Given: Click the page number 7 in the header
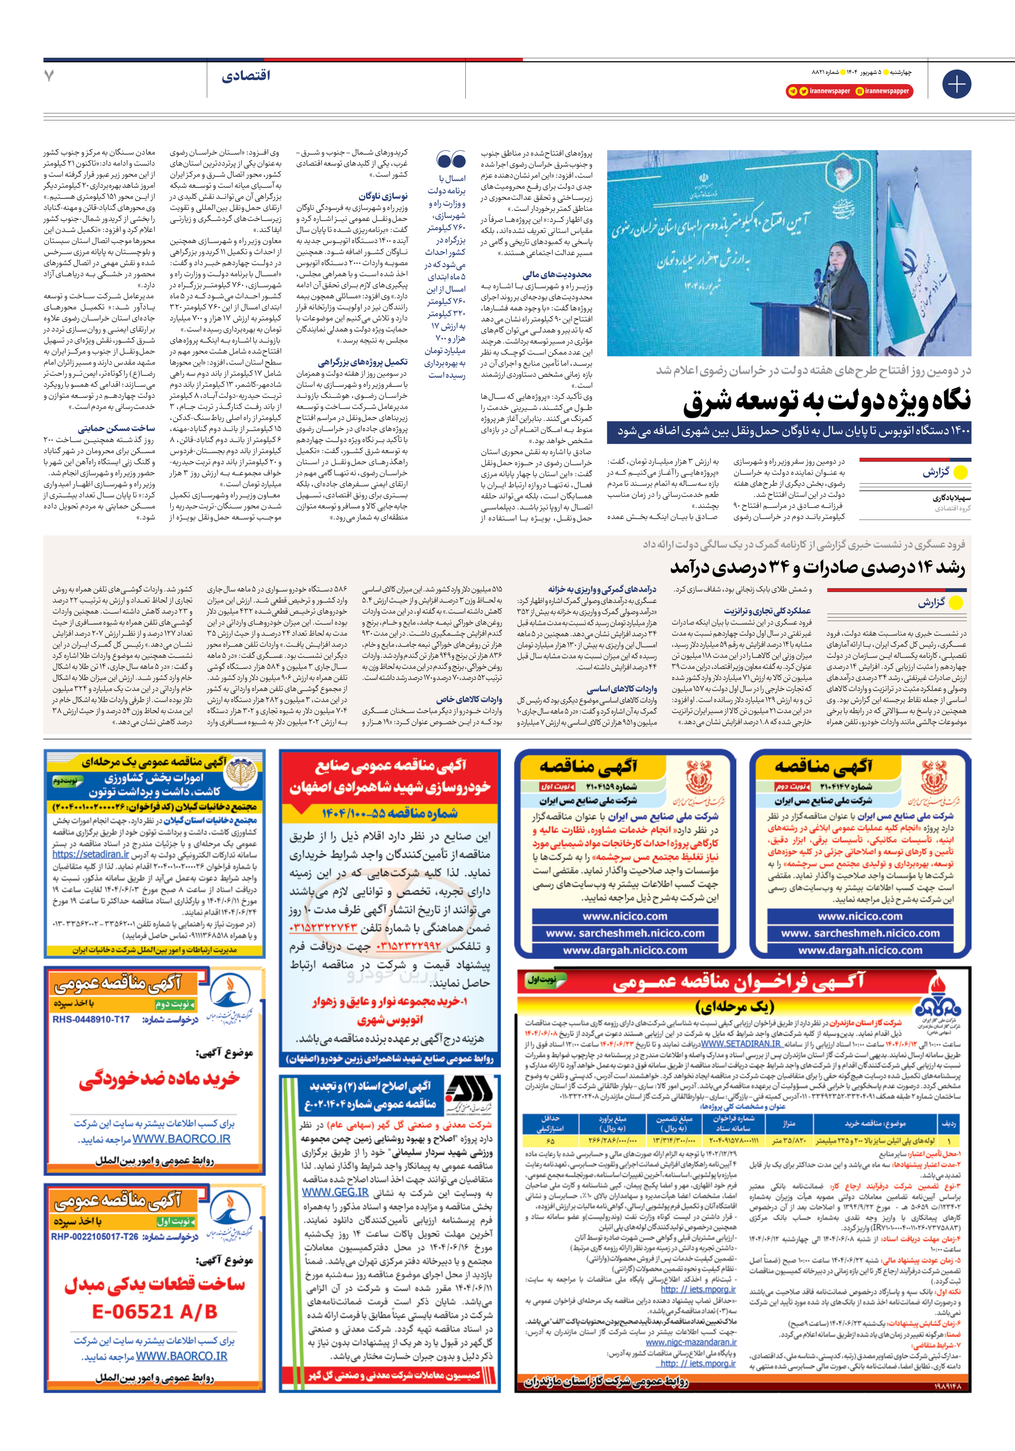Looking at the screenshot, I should [x=49, y=76].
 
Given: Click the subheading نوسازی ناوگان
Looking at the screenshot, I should [x=383, y=197].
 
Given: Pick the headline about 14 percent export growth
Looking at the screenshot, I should [x=818, y=568].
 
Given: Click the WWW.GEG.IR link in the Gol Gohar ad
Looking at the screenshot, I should [x=335, y=1192].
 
